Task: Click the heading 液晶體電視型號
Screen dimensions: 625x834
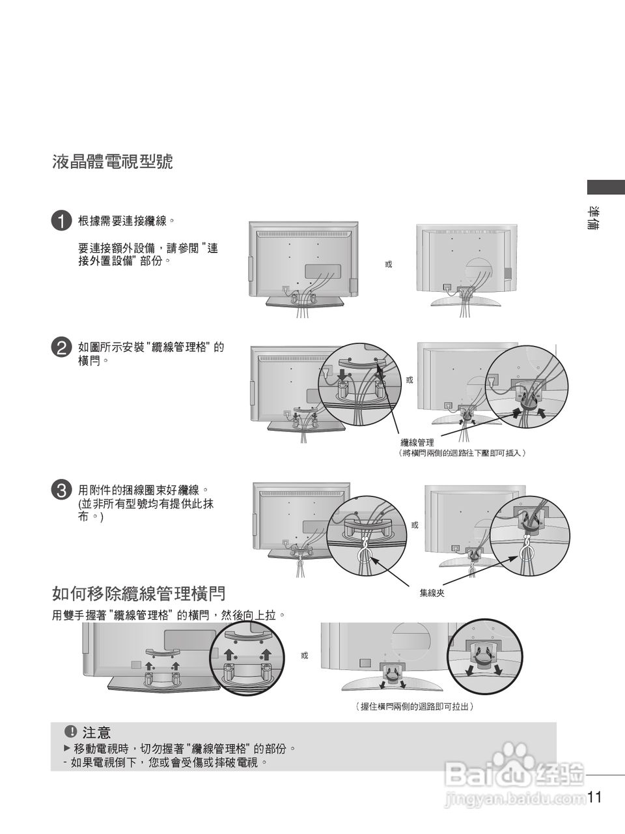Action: point(112,162)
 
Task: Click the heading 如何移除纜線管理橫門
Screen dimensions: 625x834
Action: point(138,594)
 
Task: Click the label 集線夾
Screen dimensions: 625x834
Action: point(432,593)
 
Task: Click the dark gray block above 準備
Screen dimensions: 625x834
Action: point(605,187)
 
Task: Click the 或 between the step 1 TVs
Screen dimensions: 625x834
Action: point(389,265)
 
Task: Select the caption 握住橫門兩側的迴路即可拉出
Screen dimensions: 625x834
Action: point(414,706)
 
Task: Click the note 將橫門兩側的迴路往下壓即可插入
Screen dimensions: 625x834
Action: point(462,452)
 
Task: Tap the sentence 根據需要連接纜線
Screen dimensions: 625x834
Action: point(126,220)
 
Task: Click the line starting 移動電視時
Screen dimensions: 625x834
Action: point(185,749)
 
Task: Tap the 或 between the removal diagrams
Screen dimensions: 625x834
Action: point(304,655)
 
